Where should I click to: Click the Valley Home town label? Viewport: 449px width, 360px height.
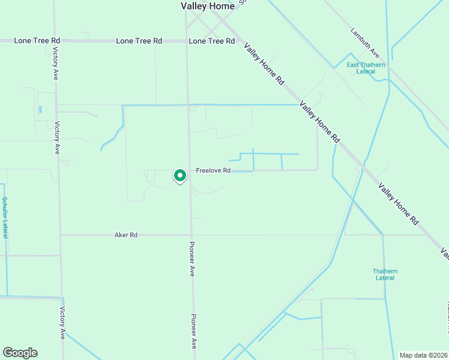click(x=206, y=5)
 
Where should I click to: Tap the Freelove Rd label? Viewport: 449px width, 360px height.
click(x=213, y=171)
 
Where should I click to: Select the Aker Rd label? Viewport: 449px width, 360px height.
click(x=126, y=235)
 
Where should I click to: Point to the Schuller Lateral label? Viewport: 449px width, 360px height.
click(x=5, y=217)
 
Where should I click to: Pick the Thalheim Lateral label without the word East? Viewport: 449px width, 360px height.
click(x=385, y=274)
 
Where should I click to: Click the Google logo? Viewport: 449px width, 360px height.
click(x=20, y=353)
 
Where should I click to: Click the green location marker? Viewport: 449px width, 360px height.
click(x=179, y=176)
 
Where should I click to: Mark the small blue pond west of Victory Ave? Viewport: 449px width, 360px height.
click(x=40, y=110)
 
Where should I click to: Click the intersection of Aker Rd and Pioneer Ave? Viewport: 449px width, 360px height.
click(x=191, y=235)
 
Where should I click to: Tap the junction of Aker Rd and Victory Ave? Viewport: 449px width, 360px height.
click(x=60, y=235)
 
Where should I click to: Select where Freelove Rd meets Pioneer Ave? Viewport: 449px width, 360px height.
click(x=190, y=171)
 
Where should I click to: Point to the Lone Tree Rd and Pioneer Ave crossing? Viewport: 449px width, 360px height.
click(x=187, y=41)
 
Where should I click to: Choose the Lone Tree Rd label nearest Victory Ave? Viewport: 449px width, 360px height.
click(x=38, y=41)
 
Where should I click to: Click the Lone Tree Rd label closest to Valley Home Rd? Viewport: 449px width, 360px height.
click(x=212, y=41)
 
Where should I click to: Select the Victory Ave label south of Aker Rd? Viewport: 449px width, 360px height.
click(x=62, y=323)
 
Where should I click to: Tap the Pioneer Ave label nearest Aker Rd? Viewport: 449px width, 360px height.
click(x=192, y=259)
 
